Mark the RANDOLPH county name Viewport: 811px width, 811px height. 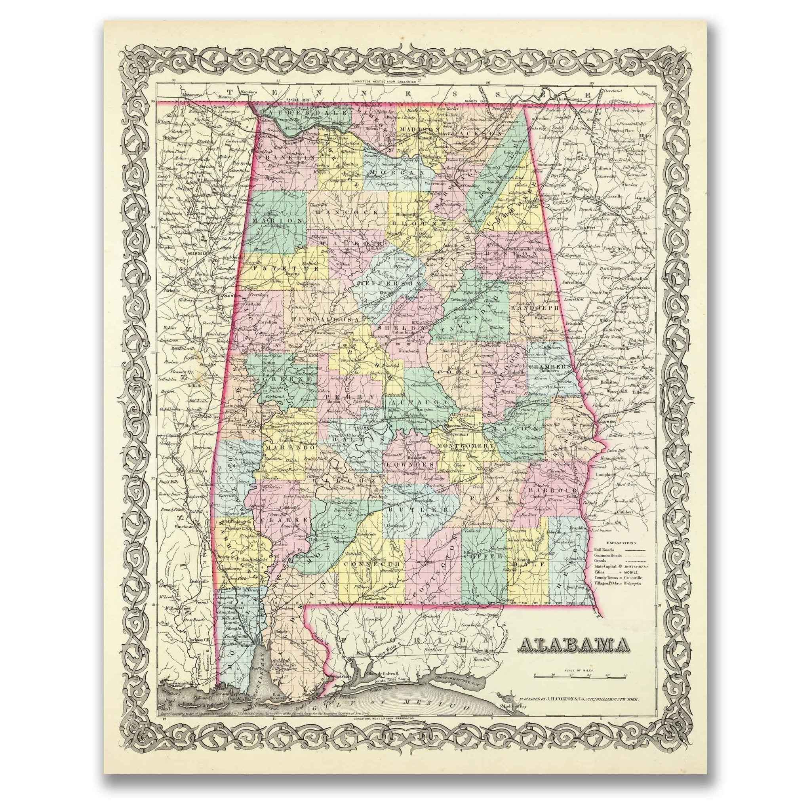[x=535, y=308]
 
